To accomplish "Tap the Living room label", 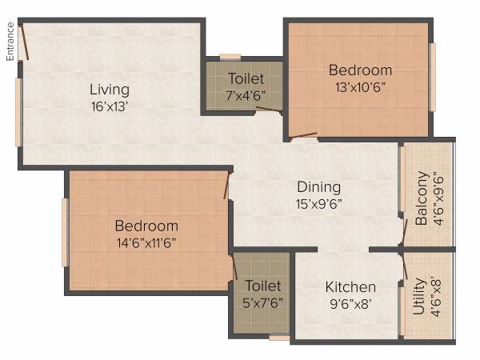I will [110, 89].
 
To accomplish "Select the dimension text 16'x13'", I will [110, 104].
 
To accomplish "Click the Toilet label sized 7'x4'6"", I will [244, 78].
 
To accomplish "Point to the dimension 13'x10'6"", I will [360, 87].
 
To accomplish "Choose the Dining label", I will [318, 187].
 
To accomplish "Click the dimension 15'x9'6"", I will [318, 203].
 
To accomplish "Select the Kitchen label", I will [350, 287].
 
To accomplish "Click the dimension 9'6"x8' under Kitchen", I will [350, 302].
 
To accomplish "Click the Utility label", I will [419, 294].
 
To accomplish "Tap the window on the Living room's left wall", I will [18, 112].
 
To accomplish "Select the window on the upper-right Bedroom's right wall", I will [433, 77].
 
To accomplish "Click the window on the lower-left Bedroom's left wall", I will [66, 233].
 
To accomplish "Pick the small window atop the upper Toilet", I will [230, 57].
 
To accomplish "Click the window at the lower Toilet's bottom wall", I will [279, 338].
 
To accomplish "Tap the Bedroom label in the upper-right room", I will [360, 70].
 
